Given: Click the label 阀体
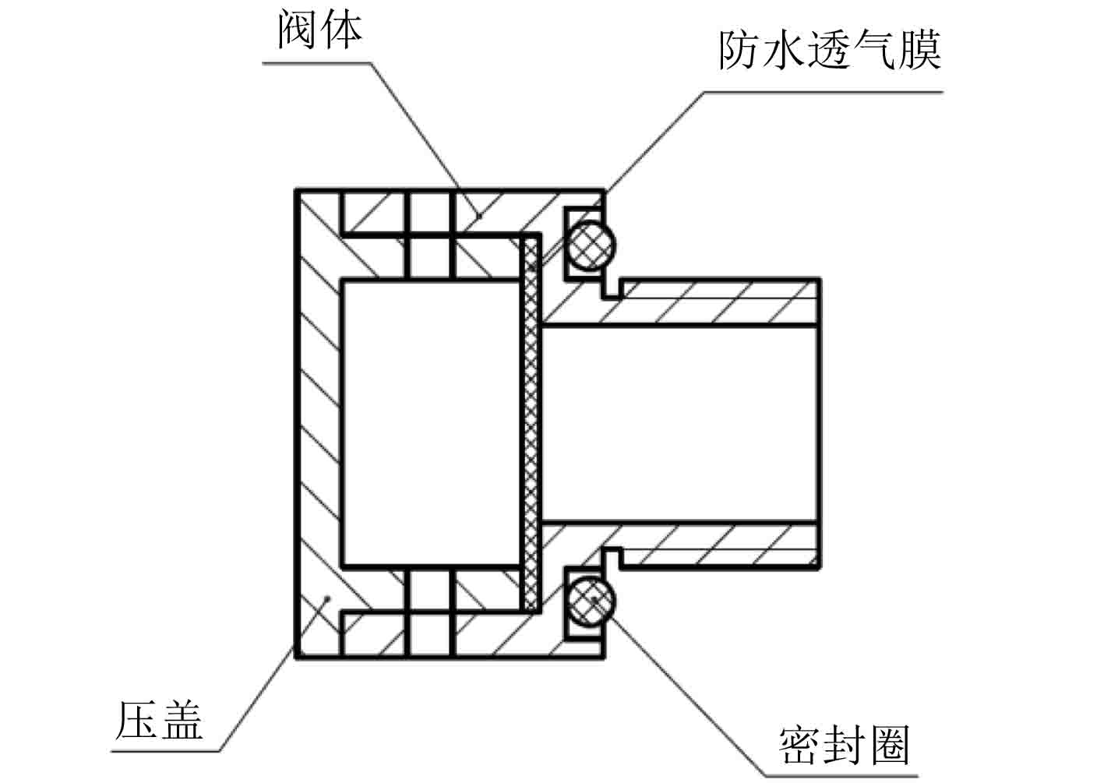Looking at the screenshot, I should tap(320, 31).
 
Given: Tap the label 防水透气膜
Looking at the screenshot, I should tap(829, 51).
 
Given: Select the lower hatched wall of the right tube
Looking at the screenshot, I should tap(717, 545).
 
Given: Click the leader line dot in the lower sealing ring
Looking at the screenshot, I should tap(594, 598).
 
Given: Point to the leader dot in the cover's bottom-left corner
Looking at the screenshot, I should tap(328, 598).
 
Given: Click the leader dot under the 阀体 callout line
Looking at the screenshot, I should tap(480, 214).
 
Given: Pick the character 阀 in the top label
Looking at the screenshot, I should tap(297, 31).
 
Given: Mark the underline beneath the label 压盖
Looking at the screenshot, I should tap(164, 751).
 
